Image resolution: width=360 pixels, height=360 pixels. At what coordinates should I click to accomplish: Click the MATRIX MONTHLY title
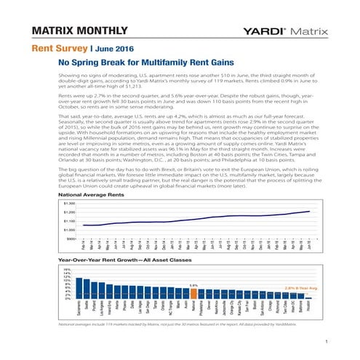tap(69, 32)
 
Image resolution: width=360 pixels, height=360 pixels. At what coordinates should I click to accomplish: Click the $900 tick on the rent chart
tap(70, 238)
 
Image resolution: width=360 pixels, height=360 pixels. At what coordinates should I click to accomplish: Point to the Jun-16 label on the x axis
tap(311, 247)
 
